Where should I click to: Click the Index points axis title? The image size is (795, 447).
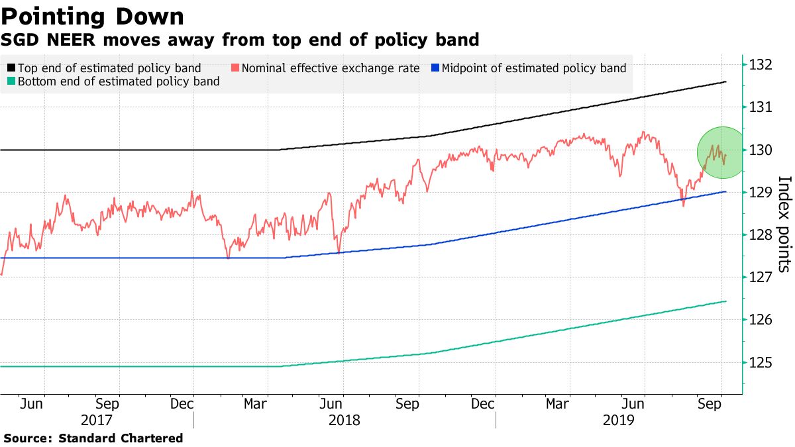point(784,224)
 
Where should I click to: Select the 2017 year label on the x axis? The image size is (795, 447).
point(96,420)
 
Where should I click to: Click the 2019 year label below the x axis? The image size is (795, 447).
point(618,420)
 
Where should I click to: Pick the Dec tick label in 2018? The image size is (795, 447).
point(484,403)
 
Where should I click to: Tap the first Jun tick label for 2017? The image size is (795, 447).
point(32,403)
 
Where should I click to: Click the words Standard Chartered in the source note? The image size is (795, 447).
point(121,438)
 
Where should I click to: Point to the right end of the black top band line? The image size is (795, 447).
point(726,81)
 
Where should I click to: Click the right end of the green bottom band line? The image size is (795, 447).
point(726,301)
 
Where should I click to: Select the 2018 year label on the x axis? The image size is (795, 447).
point(343,420)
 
